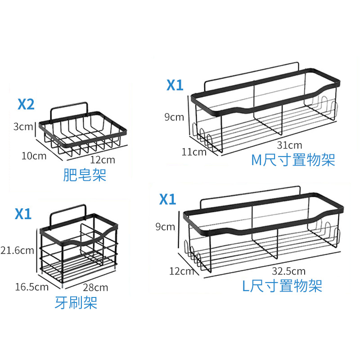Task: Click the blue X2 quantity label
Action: click(26, 105)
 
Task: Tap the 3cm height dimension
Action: click(23, 126)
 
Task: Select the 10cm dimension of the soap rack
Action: click(33, 156)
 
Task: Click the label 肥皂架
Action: click(85, 175)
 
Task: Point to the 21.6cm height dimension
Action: click(17, 250)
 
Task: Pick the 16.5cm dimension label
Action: click(31, 286)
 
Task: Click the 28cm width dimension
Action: click(95, 287)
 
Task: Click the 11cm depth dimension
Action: click(194, 152)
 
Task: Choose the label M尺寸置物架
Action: click(293, 160)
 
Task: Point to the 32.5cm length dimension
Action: click(289, 271)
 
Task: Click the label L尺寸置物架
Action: click(282, 286)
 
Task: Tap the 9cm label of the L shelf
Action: click(165, 227)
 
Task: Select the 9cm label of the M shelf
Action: click(174, 117)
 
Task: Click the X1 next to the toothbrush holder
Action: click(23, 214)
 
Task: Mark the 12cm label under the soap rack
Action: click(102, 160)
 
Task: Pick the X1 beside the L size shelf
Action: click(167, 199)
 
